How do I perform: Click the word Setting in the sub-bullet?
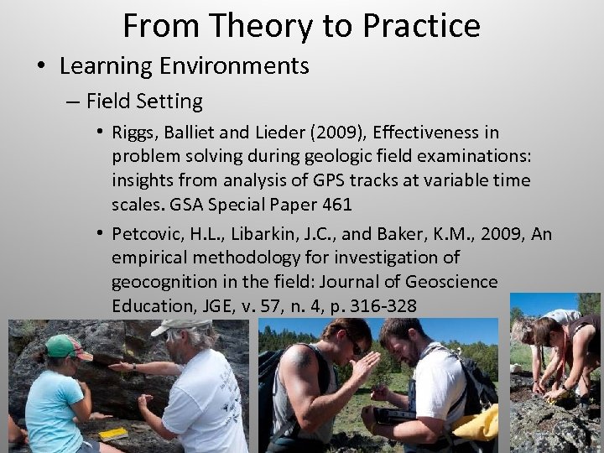click(174, 102)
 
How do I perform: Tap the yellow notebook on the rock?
click(112, 434)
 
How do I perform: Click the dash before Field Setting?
click(72, 102)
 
